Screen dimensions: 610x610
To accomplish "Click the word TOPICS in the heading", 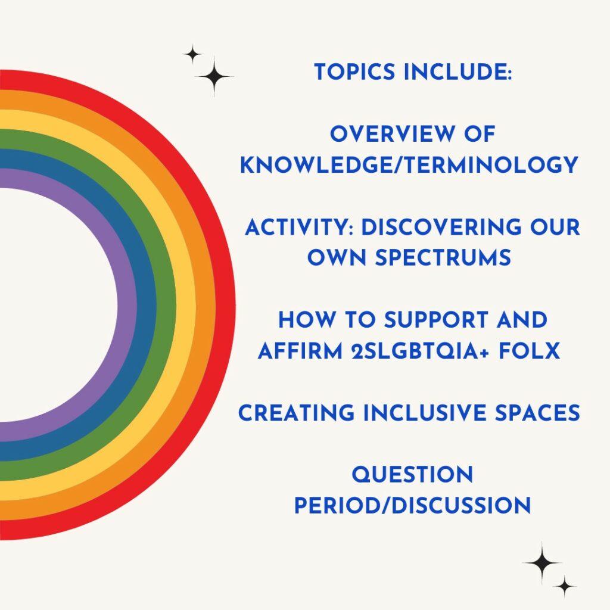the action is (354, 72).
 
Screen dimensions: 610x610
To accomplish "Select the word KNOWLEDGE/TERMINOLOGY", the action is (409, 165).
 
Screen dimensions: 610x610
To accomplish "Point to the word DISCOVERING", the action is (441, 228).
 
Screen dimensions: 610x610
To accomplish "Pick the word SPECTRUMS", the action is (443, 258).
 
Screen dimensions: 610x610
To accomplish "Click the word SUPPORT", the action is (435, 320).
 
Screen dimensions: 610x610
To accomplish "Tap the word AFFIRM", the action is (300, 351).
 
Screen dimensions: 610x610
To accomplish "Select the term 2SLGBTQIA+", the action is (420, 351).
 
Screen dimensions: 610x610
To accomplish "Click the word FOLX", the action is (529, 351).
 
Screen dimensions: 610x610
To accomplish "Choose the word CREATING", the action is (296, 413).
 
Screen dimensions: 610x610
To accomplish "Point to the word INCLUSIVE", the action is (425, 413).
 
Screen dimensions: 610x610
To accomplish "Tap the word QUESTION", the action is (412, 475).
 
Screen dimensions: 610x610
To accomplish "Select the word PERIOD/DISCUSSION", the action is (412, 506).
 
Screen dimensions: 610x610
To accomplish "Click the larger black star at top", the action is (214, 77).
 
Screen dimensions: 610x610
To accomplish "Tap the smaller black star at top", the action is (192, 54).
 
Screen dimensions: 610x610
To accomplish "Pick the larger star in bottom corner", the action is (542, 562).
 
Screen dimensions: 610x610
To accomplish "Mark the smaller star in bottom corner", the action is (565, 586).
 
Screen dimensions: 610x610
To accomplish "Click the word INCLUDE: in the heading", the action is (457, 72).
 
